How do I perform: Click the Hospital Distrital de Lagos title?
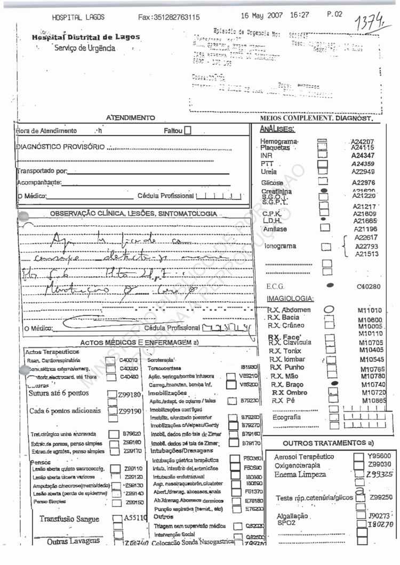point(86,37)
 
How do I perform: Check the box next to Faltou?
point(187,131)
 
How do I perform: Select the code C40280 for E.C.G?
point(368,286)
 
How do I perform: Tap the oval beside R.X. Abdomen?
point(329,310)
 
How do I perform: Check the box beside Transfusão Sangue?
point(117,518)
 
